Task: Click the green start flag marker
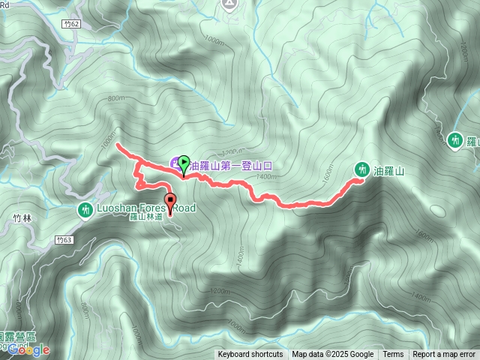184,162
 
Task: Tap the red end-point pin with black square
170,201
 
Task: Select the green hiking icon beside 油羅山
361,170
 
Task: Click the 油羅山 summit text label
390,171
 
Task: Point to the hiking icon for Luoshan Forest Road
85,210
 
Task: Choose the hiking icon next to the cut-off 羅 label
454,139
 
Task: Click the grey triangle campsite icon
229,4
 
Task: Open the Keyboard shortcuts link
250,355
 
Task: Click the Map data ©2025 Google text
333,355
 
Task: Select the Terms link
393,355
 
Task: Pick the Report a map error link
444,355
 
